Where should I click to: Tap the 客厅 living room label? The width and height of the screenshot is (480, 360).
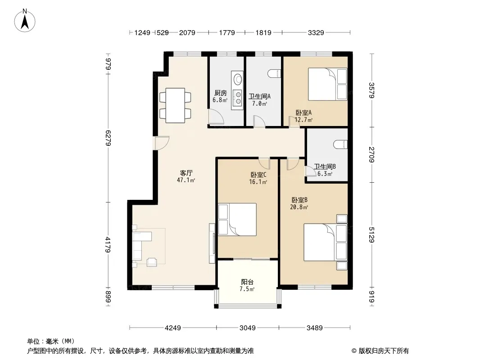tap(186, 173)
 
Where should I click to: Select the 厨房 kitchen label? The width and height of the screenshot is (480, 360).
tap(220, 93)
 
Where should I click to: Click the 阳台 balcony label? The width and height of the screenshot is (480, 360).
tap(247, 282)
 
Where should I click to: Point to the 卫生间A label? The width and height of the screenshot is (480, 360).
tap(260, 97)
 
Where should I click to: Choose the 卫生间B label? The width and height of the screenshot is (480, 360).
tap(325, 166)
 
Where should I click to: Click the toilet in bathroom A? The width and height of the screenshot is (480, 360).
tap(274, 73)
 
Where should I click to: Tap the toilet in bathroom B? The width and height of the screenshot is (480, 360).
tap(341, 144)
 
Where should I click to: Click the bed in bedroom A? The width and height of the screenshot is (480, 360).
tap(327, 84)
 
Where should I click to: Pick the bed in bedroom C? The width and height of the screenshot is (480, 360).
tap(237, 220)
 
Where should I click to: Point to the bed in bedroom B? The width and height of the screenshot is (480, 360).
tap(325, 243)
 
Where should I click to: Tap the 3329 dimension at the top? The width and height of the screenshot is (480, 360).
tap(316, 32)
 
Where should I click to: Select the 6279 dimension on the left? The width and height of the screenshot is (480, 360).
tap(108, 138)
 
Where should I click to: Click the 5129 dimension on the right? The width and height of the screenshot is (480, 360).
tap(371, 235)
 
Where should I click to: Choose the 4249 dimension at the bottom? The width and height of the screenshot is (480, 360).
tap(173, 328)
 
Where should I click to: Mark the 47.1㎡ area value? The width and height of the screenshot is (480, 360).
tap(186, 180)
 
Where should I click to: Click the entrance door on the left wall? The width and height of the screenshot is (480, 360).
tap(162, 143)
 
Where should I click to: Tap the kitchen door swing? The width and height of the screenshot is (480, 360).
tap(216, 117)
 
